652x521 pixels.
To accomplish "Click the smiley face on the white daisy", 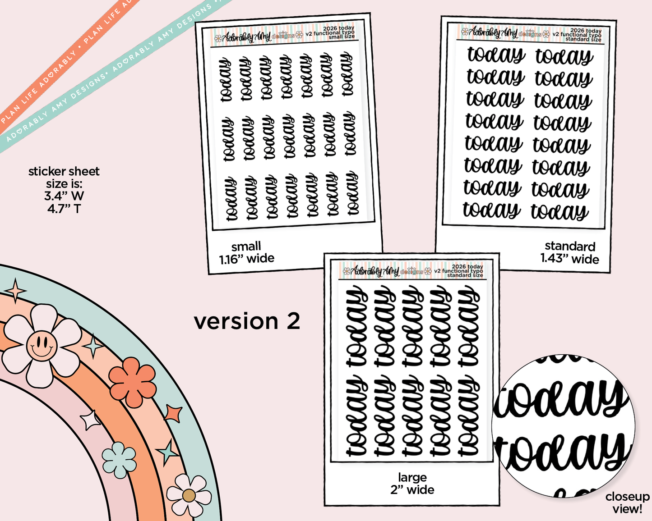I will click(x=42, y=346).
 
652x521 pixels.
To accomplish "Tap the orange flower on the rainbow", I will click(x=132, y=382).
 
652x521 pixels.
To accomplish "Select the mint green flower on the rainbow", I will click(x=119, y=459).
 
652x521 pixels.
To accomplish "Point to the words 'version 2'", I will click(x=247, y=321).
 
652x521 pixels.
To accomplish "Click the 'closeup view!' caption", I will click(x=627, y=503).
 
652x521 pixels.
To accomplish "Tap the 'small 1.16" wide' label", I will click(x=246, y=252).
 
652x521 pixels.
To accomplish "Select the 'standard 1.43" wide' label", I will click(x=569, y=252).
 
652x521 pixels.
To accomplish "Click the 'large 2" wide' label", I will click(x=412, y=484).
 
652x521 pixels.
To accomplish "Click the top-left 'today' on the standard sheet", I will click(x=496, y=55).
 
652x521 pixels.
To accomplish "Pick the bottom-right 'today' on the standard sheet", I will click(x=560, y=212).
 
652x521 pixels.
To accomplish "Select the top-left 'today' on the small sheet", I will click(x=226, y=79).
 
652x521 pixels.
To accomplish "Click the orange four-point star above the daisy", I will click(x=16, y=290).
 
